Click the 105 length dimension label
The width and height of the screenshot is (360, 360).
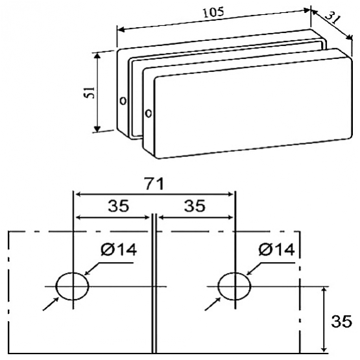tap(213, 12)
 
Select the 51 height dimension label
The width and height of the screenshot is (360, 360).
tap(89, 92)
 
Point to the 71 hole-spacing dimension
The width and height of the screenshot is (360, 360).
tap(154, 184)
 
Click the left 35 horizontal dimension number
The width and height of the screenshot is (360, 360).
tap(119, 206)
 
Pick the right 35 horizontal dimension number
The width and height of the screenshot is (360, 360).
tap(195, 206)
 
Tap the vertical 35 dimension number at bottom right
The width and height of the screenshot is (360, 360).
tap(341, 321)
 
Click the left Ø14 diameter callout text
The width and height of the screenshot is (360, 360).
tap(119, 249)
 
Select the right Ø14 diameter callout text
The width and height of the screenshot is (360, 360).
tap(277, 249)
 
